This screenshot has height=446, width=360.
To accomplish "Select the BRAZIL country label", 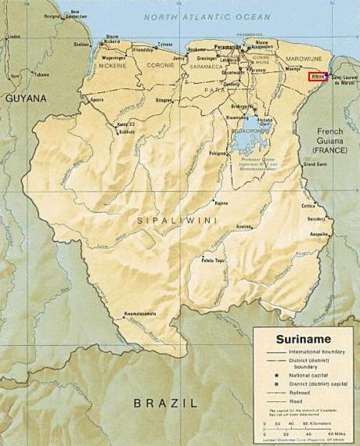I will point(164,403).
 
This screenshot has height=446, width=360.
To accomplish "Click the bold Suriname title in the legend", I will point(302,340).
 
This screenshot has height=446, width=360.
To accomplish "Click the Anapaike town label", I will point(319,233).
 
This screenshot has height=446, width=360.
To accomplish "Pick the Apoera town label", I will point(97,101).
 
